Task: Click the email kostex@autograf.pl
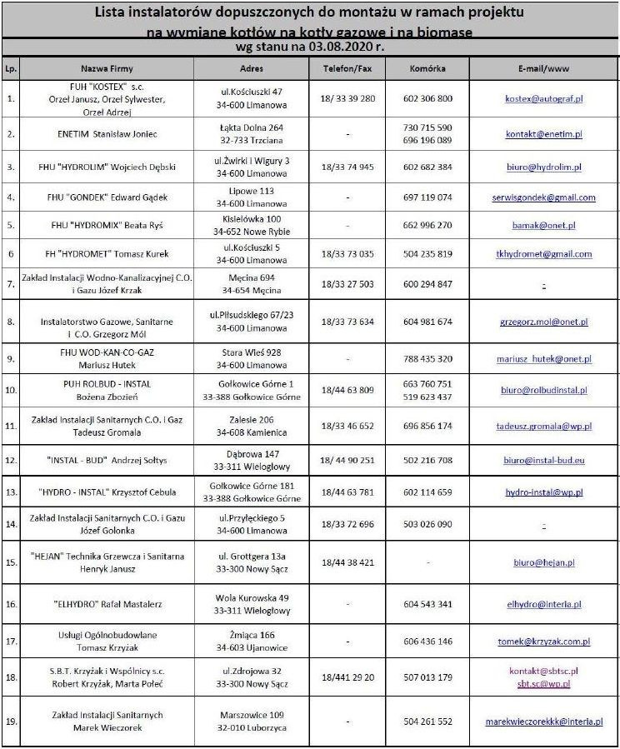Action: pyautogui.click(x=544, y=98)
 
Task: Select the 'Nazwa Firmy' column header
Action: pyautogui.click(x=107, y=67)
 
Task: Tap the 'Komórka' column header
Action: pyautogui.click(x=427, y=67)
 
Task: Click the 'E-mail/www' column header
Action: pyautogui.click(x=543, y=67)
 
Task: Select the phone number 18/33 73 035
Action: pyautogui.click(x=347, y=254)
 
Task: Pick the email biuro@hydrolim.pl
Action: pyautogui.click(x=544, y=167)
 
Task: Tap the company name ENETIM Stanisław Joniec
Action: pyautogui.click(x=106, y=134)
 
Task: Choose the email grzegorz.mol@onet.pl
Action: pyautogui.click(x=544, y=322)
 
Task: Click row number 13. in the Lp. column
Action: pyautogui.click(x=11, y=492)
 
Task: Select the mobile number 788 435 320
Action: pyautogui.click(x=427, y=359)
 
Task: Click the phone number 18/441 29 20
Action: pyautogui.click(x=347, y=677)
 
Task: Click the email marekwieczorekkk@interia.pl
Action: pyautogui.click(x=544, y=722)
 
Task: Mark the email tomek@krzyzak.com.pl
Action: pyautogui.click(x=544, y=642)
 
